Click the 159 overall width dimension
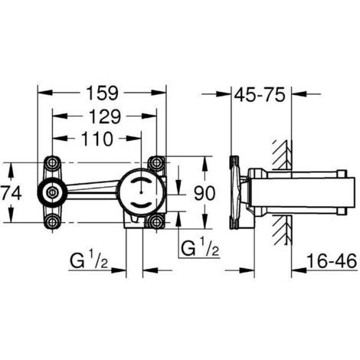coord(101,93)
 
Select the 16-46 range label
coord(329,261)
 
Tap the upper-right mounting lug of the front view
coord(156,162)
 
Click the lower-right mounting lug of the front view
coord(156,222)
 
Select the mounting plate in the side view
coord(236,192)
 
